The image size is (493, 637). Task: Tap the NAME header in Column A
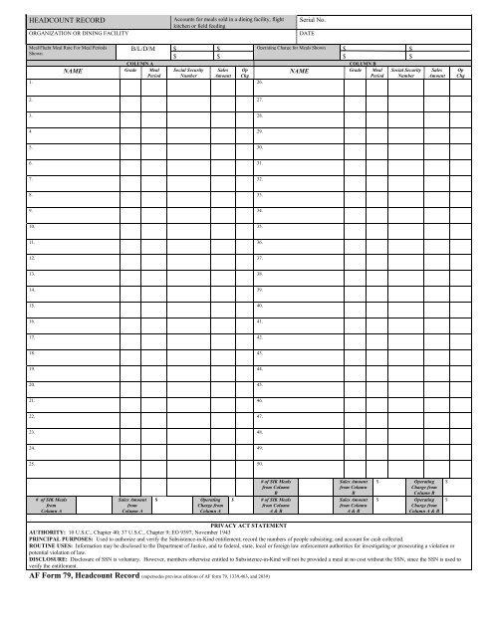point(73,73)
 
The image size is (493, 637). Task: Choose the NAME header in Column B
point(299,73)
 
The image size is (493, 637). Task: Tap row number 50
point(260,465)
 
